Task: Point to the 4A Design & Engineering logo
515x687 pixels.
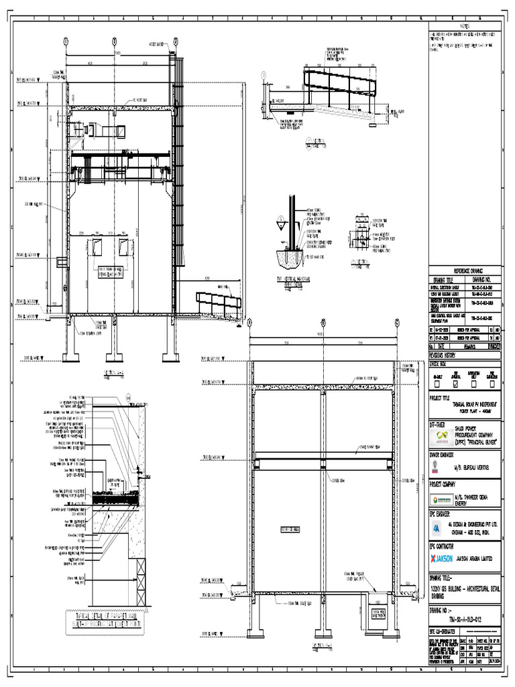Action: (437, 526)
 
